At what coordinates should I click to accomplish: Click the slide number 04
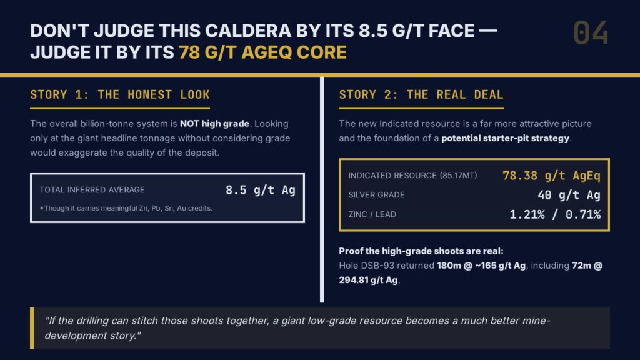591,32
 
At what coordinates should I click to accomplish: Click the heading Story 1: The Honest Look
120,95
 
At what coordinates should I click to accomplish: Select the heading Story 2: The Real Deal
421,95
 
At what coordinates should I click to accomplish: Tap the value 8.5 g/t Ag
261,190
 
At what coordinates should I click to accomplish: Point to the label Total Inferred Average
92,190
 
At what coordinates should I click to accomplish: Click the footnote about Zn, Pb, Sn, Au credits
126,208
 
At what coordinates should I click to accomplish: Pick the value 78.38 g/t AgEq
551,176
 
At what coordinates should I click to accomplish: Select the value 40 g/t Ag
569,195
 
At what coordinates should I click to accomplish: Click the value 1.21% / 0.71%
555,214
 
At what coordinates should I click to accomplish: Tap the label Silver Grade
376,195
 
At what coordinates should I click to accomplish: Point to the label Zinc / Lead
372,214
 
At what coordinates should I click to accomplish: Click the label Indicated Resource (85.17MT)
412,176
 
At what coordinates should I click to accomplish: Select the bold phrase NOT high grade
215,124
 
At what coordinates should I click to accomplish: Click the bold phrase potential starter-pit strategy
505,138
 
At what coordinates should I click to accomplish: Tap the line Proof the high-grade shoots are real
421,251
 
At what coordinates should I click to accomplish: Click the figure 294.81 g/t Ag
368,280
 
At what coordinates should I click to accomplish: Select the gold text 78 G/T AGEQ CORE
263,52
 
